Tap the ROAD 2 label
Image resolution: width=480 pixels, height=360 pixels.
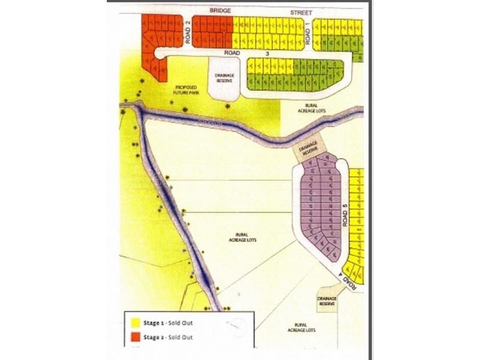click(188, 33)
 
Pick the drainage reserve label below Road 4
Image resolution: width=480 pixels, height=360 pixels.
click(328, 300)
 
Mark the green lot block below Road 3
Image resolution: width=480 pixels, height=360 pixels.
click(294, 75)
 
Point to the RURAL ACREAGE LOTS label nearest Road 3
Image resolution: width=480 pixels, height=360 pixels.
click(313, 107)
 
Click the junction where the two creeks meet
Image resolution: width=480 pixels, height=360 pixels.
click(141, 111)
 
